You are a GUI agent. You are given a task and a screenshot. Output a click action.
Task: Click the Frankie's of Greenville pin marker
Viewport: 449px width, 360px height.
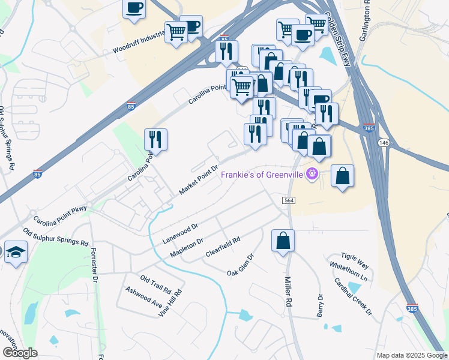pyautogui.click(x=312, y=175)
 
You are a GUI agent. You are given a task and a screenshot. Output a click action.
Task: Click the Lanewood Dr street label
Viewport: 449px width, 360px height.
pyautogui.click(x=180, y=234)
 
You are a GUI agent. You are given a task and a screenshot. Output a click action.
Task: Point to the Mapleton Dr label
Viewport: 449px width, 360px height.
pyautogui.click(x=187, y=248)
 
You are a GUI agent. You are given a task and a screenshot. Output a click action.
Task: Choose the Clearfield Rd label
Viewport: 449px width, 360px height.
pyautogui.click(x=223, y=247)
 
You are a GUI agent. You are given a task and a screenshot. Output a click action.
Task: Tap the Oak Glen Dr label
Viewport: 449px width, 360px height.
pyautogui.click(x=241, y=265)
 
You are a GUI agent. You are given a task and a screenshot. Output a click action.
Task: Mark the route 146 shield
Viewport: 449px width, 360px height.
pyautogui.click(x=383, y=142)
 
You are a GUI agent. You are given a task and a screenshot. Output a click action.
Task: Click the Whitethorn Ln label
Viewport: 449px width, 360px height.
pyautogui.click(x=348, y=271)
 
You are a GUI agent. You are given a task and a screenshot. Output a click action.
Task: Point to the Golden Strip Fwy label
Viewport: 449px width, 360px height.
pyautogui.click(x=338, y=24)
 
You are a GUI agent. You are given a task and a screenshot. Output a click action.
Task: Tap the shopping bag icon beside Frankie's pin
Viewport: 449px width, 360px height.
pyautogui.click(x=342, y=176)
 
